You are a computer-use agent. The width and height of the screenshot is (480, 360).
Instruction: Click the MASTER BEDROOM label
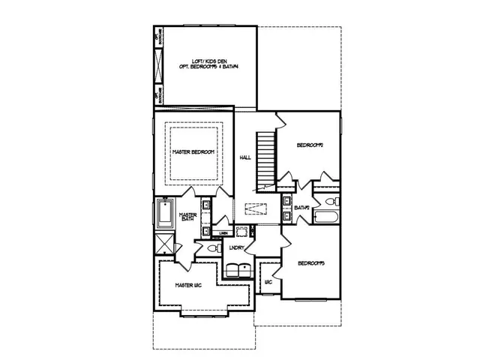tap(193, 152)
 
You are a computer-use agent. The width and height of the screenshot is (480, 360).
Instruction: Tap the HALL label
tap(244, 157)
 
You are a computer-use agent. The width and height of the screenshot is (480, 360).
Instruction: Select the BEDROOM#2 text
tap(309, 145)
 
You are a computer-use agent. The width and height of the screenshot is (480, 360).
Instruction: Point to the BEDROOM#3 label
tap(310, 262)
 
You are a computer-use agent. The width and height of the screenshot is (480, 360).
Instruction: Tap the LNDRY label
tap(238, 247)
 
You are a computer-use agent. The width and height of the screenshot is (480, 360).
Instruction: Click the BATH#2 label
tap(302, 207)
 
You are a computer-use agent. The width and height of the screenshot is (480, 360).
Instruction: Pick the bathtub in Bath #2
tap(325, 219)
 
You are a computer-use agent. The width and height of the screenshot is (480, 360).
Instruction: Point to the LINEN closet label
tap(224, 233)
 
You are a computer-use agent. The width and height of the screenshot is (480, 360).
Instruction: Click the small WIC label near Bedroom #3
tap(268, 283)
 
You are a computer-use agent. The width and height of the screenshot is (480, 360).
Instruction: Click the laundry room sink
tap(242, 230)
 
